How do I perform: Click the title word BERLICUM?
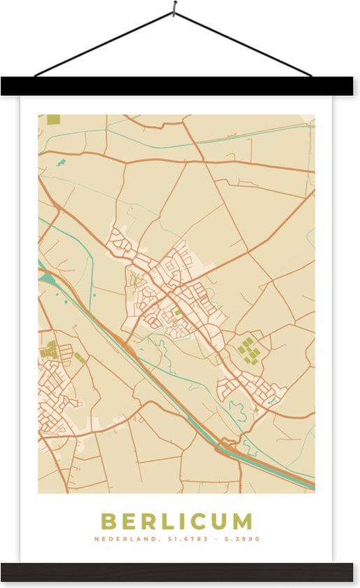[176, 521]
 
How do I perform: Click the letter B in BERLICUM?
[109, 521]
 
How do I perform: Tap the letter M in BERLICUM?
[241, 521]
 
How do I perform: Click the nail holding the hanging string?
[174, 10]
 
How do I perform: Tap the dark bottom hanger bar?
[180, 571]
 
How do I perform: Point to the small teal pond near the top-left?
[60, 164]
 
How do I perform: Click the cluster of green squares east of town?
[248, 349]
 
